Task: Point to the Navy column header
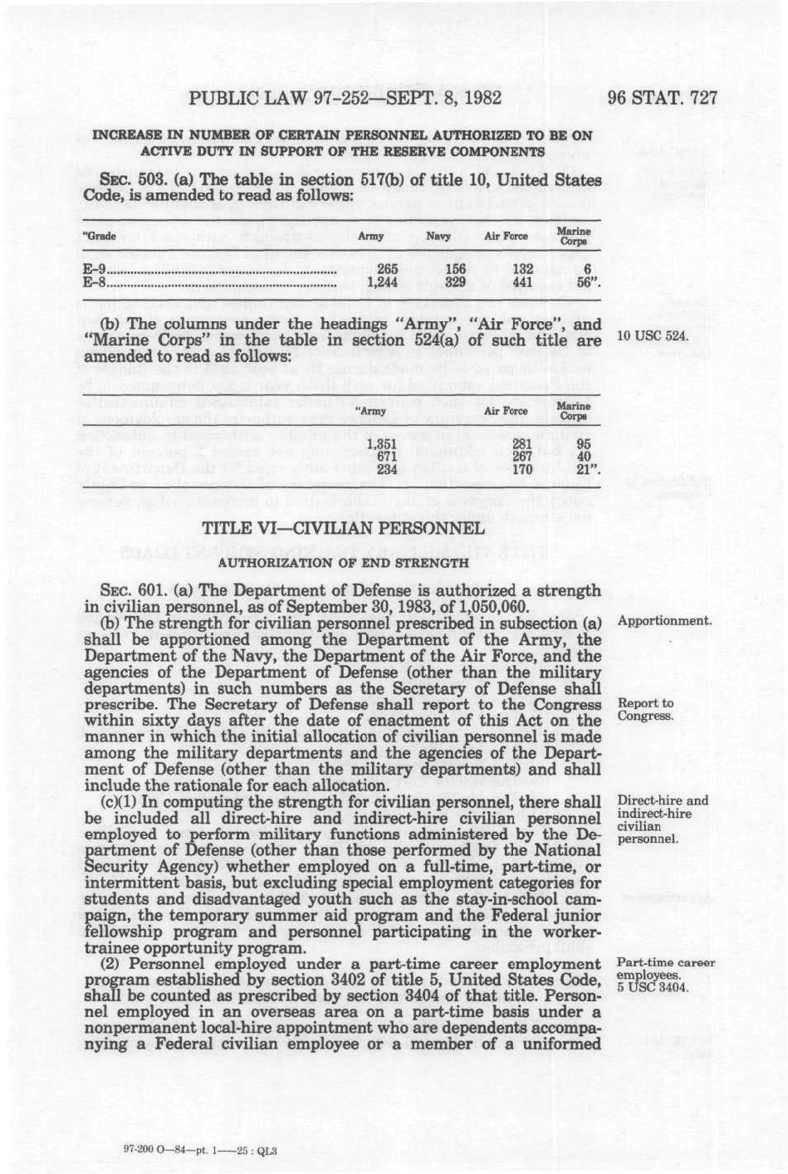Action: pyautogui.click(x=438, y=237)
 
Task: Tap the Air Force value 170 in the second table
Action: pyautogui.click(x=521, y=469)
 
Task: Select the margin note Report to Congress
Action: pyautogui.click(x=645, y=710)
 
